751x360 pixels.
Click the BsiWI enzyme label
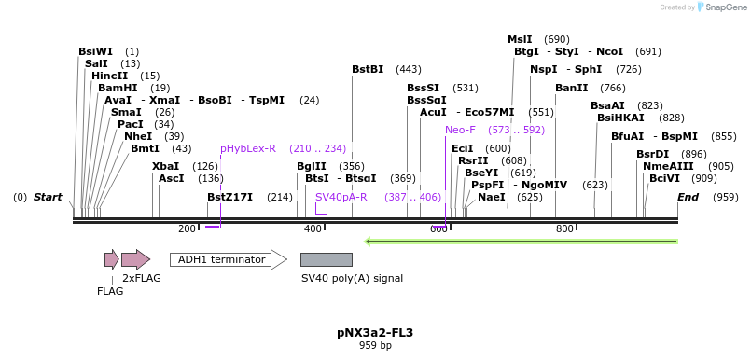pos(95,51)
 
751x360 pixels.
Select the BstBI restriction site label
pos(368,69)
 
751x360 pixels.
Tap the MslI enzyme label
pos(520,39)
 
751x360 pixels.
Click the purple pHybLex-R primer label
pos(248,148)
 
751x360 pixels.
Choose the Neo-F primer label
pos(460,130)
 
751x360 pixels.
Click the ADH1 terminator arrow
pos(228,259)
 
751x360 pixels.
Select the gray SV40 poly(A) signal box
pos(326,259)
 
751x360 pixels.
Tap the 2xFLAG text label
pos(142,278)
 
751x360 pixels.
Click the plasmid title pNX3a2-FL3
pos(375,332)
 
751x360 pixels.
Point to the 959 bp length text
pos(375,346)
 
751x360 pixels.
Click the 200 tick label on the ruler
pos(187,228)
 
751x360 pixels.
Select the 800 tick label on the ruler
pos(564,228)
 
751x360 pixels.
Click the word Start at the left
pos(48,197)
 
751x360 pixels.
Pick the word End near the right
pos(688,197)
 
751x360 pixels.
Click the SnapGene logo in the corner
pos(718,7)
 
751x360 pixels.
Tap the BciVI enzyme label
pos(664,177)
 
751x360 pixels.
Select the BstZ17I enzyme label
pos(229,197)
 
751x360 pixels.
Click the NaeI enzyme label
pos(491,197)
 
